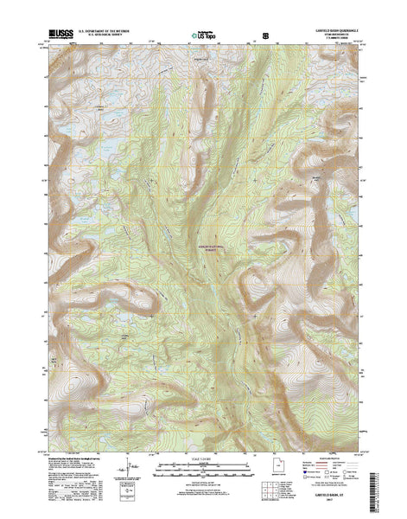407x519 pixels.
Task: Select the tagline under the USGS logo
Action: pos(56,42)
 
